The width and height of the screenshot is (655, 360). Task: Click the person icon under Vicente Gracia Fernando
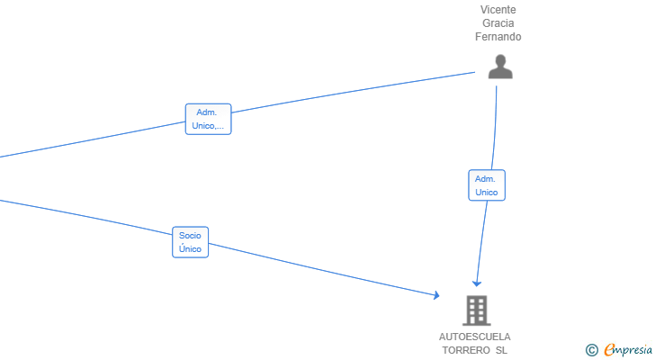click(x=500, y=67)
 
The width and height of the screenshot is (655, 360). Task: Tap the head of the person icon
click(x=500, y=61)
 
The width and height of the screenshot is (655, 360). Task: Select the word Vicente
click(x=498, y=10)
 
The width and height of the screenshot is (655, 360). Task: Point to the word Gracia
click(x=498, y=23)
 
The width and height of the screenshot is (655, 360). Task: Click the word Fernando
click(x=498, y=37)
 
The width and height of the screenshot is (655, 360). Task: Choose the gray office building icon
click(x=477, y=310)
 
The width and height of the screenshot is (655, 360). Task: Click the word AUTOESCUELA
click(x=474, y=337)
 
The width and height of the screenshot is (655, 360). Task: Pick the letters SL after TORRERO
click(x=502, y=350)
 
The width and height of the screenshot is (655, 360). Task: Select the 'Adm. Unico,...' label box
click(x=208, y=119)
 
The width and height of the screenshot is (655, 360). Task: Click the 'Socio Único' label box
click(x=190, y=242)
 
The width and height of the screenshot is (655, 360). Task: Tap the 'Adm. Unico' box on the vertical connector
click(x=487, y=185)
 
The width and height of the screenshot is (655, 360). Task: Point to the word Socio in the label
click(x=190, y=236)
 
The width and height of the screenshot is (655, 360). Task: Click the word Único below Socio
click(x=190, y=249)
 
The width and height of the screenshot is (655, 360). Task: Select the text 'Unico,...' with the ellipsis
click(x=208, y=126)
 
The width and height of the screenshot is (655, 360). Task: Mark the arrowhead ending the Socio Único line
click(x=436, y=295)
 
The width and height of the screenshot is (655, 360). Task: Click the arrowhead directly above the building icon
click(x=477, y=283)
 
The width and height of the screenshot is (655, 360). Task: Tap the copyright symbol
click(x=591, y=350)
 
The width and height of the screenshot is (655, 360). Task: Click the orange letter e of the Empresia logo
click(x=610, y=349)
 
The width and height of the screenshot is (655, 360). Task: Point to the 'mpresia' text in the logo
click(x=634, y=350)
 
